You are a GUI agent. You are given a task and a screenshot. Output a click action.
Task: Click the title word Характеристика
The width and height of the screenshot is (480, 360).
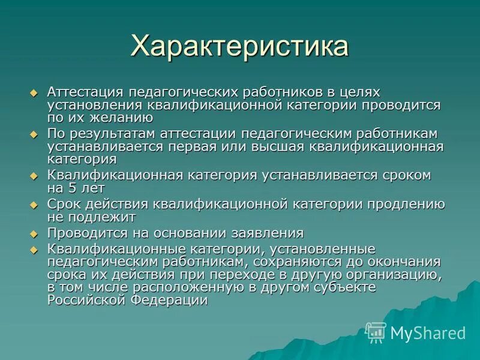[x=239, y=46]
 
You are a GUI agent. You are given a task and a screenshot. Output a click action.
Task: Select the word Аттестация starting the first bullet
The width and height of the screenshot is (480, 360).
[x=85, y=92]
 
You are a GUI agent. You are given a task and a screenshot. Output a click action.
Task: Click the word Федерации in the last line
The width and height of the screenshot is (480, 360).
[x=174, y=301]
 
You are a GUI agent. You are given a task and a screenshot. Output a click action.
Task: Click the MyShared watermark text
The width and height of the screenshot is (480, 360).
[x=428, y=332]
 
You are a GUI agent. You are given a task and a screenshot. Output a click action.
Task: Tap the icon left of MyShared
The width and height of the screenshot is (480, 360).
[x=376, y=332]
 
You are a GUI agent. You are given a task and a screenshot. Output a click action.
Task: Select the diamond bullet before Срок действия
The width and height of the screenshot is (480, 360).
[x=34, y=205]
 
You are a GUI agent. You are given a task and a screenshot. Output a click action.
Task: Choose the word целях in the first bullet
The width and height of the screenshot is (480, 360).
[x=359, y=92]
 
